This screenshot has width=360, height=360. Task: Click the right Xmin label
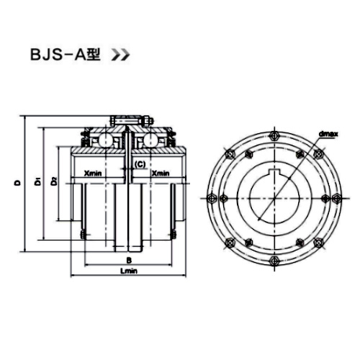pos(161,174)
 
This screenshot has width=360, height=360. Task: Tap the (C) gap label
pos(140,165)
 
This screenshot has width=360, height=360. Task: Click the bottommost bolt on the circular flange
pos(274,261)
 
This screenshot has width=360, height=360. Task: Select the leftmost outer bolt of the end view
pos(210,199)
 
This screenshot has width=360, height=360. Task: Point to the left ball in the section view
pos(105,139)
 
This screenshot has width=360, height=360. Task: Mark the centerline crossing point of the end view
pos(274,197)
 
